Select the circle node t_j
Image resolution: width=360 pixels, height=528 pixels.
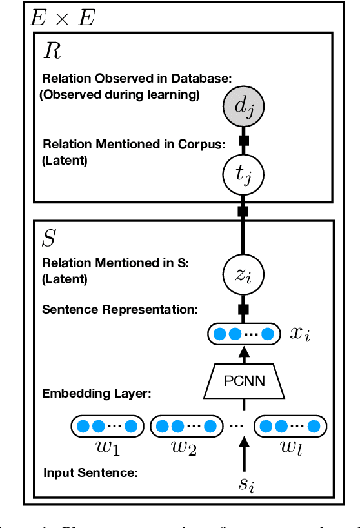(x=244, y=173)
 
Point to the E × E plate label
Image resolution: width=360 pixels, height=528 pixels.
(x=62, y=18)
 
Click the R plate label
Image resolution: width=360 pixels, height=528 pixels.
(x=52, y=52)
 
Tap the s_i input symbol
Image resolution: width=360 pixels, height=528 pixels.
(x=244, y=483)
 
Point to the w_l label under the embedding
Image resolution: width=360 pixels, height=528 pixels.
(x=290, y=448)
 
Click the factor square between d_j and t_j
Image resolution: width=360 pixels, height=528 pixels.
(x=244, y=140)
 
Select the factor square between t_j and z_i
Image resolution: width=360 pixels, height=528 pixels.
(x=244, y=211)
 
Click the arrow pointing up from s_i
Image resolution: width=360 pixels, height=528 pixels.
(x=244, y=456)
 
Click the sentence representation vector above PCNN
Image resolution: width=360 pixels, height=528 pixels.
(x=244, y=334)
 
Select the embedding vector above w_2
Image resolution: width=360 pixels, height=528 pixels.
(x=183, y=426)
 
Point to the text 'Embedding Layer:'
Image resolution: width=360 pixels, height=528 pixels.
(x=96, y=393)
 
